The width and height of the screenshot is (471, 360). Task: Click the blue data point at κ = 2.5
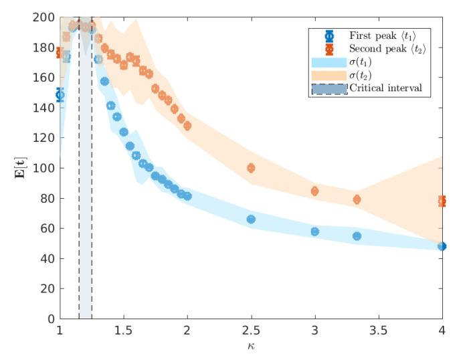(x=251, y=219)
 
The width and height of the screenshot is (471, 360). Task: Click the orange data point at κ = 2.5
(x=251, y=168)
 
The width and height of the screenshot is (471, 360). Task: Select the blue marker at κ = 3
(x=314, y=232)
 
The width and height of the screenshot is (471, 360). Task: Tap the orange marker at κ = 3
(x=314, y=191)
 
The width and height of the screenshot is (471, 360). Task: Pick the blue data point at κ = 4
(x=442, y=246)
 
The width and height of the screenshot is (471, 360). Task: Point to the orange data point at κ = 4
(x=442, y=201)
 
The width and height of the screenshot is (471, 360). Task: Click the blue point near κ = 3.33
(x=357, y=236)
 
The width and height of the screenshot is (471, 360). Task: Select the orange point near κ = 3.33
(x=357, y=199)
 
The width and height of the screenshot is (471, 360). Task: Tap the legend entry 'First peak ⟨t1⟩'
(x=387, y=35)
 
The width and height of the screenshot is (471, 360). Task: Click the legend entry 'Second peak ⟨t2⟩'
(x=387, y=49)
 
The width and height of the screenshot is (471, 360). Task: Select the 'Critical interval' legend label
(x=386, y=88)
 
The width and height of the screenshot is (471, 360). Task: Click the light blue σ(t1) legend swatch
(x=328, y=62)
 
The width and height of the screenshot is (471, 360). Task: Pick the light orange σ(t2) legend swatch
(x=328, y=75)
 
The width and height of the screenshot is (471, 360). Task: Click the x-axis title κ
(x=251, y=347)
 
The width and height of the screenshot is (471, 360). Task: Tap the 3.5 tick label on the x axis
(x=378, y=331)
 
